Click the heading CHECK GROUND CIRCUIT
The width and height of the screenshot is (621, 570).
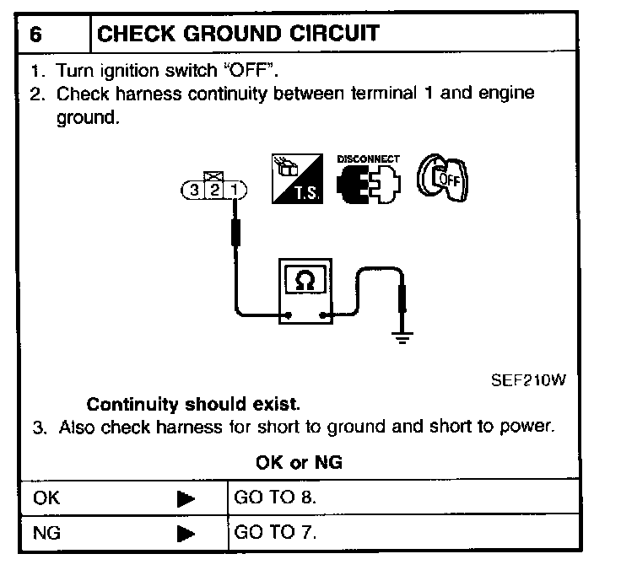[x=239, y=34]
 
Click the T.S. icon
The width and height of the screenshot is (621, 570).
[x=295, y=179]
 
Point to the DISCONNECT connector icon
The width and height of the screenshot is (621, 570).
[x=368, y=180]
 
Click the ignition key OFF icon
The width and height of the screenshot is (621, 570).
[x=444, y=178]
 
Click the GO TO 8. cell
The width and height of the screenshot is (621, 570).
[x=275, y=497]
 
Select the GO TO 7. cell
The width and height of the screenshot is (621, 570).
[x=275, y=533]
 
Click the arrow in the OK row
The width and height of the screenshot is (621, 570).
[x=186, y=498]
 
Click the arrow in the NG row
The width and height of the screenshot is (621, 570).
[x=186, y=534]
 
